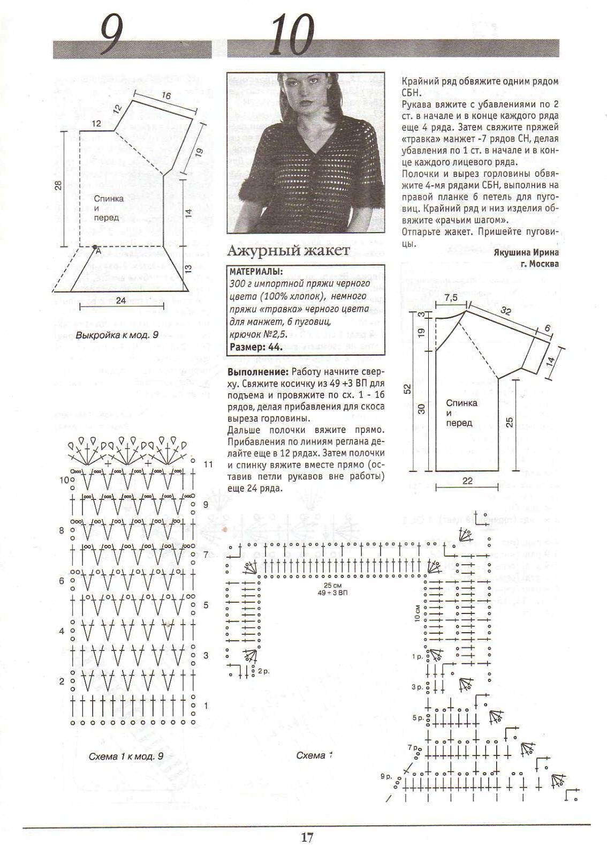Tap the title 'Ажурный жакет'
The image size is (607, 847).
tap(289, 250)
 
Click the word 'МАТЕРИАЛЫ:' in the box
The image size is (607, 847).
tap(256, 272)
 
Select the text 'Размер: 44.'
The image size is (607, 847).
tap(256, 347)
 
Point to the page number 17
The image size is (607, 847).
tap(307, 837)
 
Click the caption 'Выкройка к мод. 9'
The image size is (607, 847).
tap(118, 335)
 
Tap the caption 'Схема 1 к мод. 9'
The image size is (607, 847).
tap(126, 756)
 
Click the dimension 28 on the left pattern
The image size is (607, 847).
tap(58, 186)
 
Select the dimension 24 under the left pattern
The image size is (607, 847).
tap(121, 301)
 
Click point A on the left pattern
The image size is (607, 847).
tap(98, 251)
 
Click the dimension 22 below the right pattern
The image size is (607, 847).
tap(467, 481)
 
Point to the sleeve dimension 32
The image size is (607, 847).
tap(505, 311)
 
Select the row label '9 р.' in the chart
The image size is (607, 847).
tap(386, 776)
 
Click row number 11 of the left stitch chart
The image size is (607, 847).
tap(208, 464)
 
